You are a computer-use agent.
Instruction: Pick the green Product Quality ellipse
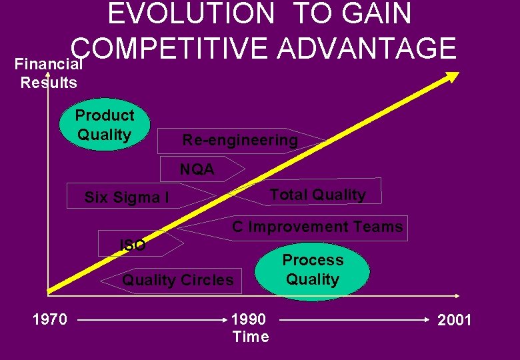point(105,125)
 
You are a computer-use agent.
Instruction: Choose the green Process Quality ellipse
point(312,270)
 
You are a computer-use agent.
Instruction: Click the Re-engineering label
point(240,140)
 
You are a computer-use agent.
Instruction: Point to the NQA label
point(197,169)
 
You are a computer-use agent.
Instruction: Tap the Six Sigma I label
point(127,197)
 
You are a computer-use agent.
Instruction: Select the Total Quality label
point(317,195)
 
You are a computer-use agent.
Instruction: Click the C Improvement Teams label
point(317,227)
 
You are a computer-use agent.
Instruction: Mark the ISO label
point(132,245)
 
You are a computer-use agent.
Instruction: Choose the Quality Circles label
point(178,280)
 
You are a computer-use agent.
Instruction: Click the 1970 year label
point(50,320)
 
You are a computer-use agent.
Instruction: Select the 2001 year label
point(455,321)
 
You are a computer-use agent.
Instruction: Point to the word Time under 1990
point(251,337)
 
